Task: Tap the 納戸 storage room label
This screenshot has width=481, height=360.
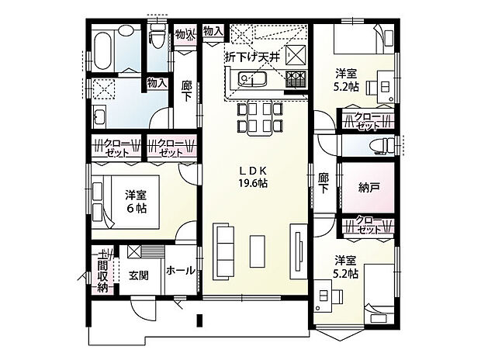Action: click(x=369, y=187)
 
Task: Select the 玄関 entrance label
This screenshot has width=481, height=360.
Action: click(x=140, y=275)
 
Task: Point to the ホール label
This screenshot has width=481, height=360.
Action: click(x=180, y=272)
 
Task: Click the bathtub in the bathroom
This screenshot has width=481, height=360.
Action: click(x=103, y=50)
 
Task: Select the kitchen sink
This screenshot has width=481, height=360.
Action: click(x=252, y=81)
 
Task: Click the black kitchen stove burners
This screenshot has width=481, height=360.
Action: click(x=295, y=78)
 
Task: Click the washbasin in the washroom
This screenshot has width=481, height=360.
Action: click(x=99, y=117)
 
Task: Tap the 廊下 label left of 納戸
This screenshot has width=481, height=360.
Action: click(x=324, y=183)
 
